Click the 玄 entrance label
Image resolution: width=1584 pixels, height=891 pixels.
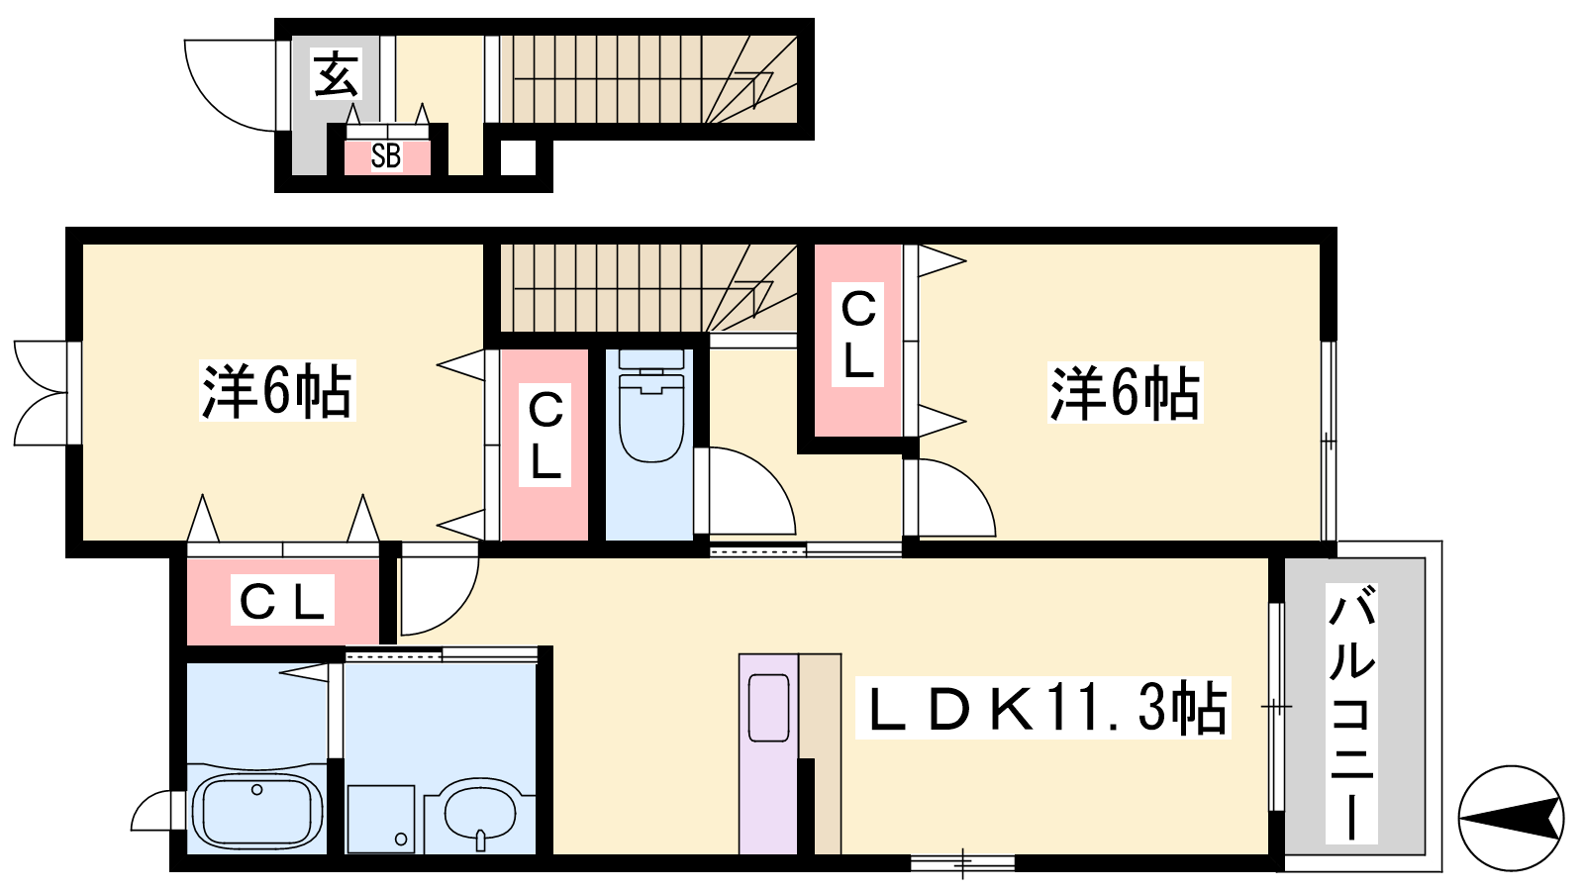pyautogui.click(x=336, y=73)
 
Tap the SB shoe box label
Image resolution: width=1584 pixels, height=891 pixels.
pyautogui.click(x=386, y=155)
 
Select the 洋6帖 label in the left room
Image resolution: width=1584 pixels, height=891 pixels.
pyautogui.click(x=277, y=391)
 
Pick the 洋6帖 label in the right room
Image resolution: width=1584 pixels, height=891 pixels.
pyautogui.click(x=1125, y=392)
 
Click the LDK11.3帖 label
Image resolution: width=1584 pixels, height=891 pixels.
pyautogui.click(x=1043, y=708)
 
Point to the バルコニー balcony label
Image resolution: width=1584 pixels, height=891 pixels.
pyautogui.click(x=1351, y=713)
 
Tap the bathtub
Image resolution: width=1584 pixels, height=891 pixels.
pyautogui.click(x=257, y=811)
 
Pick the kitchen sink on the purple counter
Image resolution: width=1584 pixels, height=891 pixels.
pyautogui.click(x=768, y=708)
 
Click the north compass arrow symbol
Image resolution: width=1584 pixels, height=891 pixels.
pyautogui.click(x=1511, y=818)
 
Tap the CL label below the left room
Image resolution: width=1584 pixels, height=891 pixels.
pyautogui.click(x=282, y=600)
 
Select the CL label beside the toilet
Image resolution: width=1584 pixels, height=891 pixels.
pyautogui.click(x=545, y=436)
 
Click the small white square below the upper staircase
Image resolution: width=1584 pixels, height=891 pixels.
pyautogui.click(x=519, y=157)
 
